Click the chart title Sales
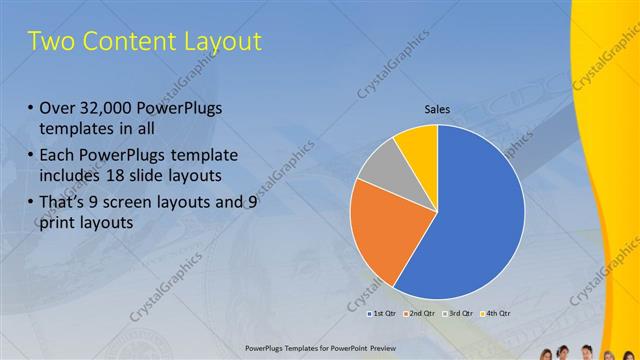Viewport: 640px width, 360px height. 437,111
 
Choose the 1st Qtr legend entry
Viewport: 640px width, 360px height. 381,313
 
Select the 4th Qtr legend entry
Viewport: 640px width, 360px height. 497,313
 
